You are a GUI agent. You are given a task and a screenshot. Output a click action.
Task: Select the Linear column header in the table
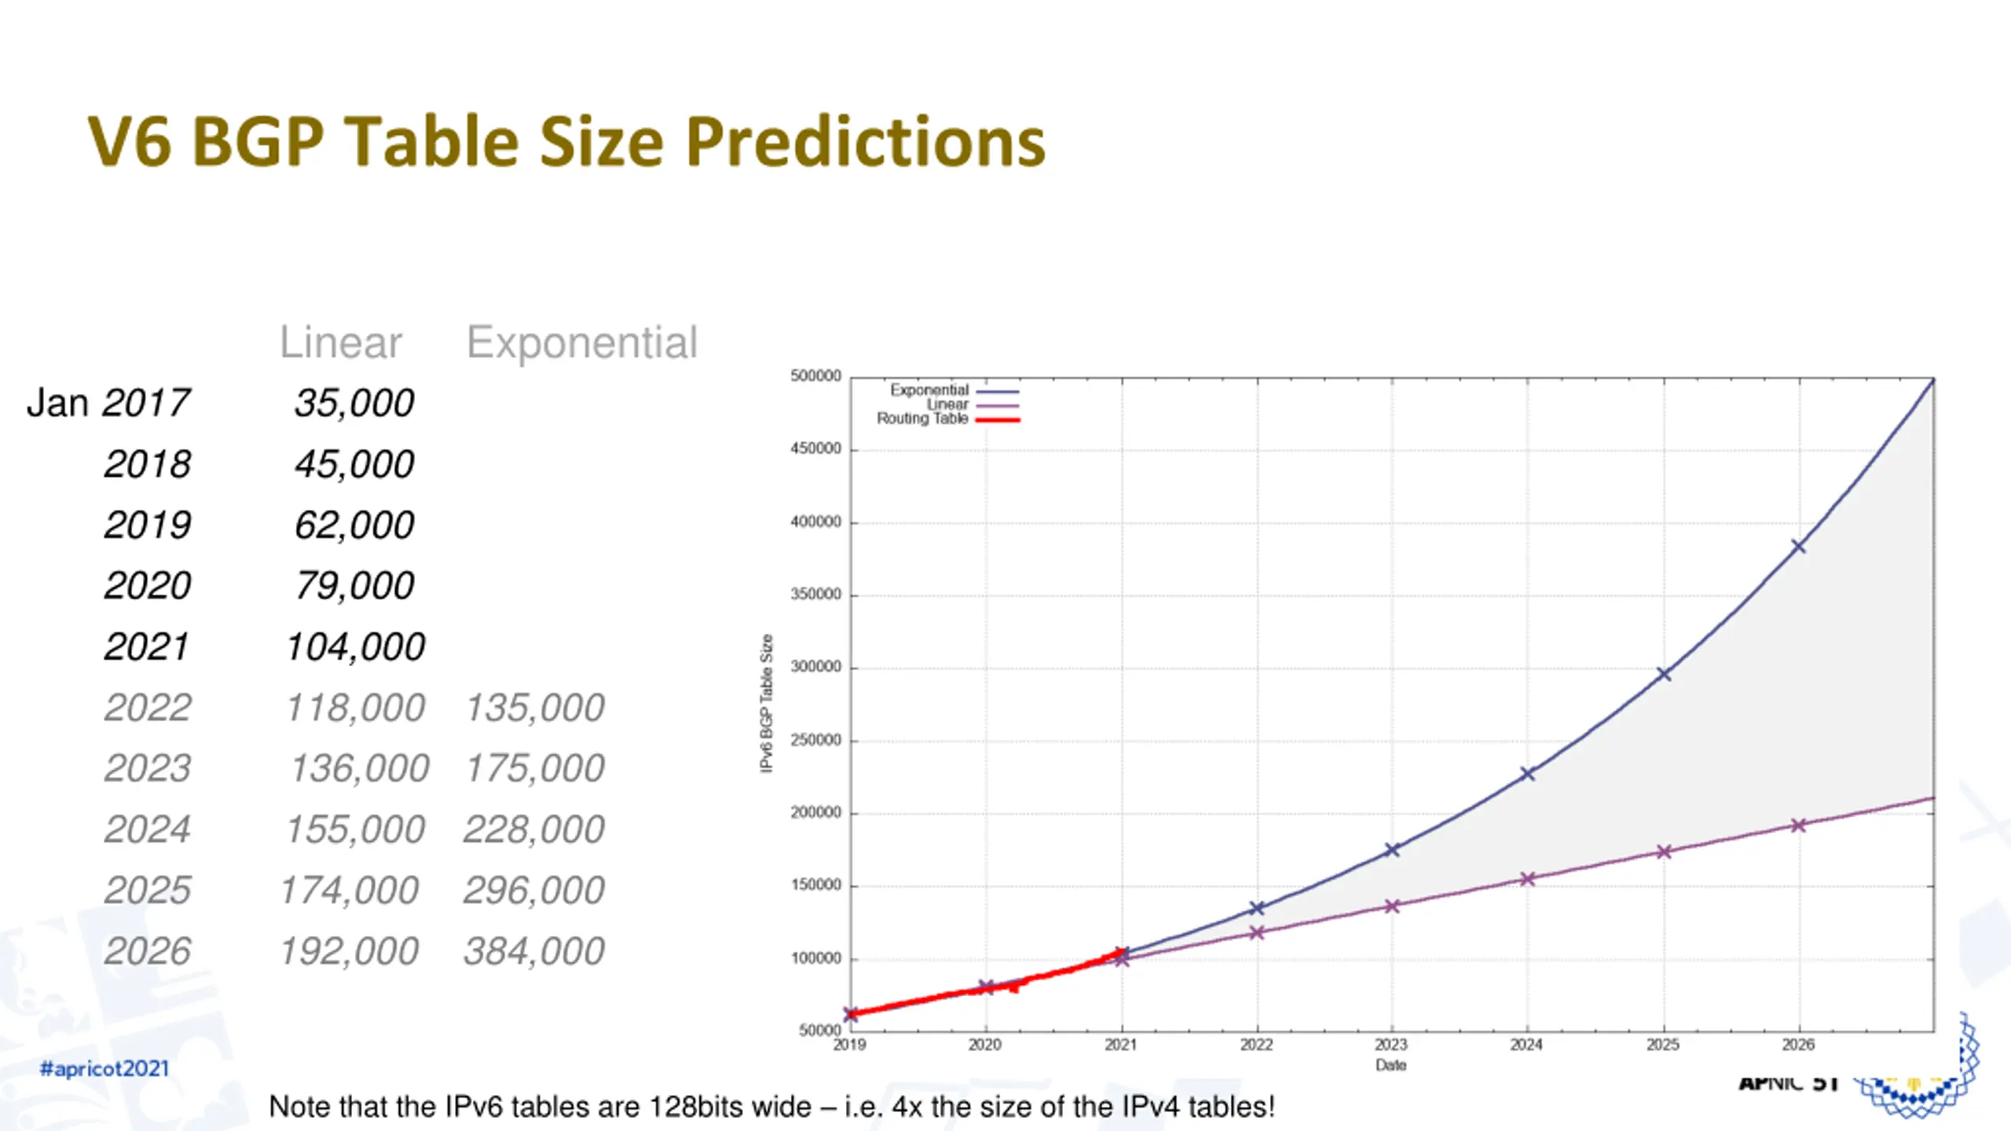coord(340,342)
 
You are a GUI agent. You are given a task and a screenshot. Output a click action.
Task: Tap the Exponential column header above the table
coord(581,342)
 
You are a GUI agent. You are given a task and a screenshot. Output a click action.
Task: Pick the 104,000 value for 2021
coord(356,647)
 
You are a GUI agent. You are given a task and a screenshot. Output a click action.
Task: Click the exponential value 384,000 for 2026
coord(534,952)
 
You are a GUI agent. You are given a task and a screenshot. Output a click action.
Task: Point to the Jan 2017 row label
coord(108,403)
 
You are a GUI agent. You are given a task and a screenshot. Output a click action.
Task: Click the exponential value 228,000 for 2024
coord(534,829)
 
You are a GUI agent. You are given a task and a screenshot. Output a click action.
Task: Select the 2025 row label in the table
coord(148,891)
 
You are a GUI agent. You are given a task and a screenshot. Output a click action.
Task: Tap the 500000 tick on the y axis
coord(815,376)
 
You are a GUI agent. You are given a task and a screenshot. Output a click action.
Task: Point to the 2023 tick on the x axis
coord(1391,1045)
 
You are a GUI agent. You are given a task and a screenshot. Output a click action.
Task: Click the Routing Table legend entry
coord(922,419)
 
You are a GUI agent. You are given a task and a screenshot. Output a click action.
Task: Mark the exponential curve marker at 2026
coord(1798,546)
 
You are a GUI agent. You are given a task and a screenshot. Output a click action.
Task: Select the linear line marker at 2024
coord(1528,879)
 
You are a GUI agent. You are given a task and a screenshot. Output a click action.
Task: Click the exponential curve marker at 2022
coord(1257,908)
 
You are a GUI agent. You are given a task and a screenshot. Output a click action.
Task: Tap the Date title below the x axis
coord(1390,1066)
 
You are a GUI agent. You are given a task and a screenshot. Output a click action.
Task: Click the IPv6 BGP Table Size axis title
coord(767,703)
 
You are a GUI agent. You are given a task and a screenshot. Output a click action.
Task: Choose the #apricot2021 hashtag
coord(104,1069)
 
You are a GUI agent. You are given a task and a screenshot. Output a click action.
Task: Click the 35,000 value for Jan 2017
coord(354,404)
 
